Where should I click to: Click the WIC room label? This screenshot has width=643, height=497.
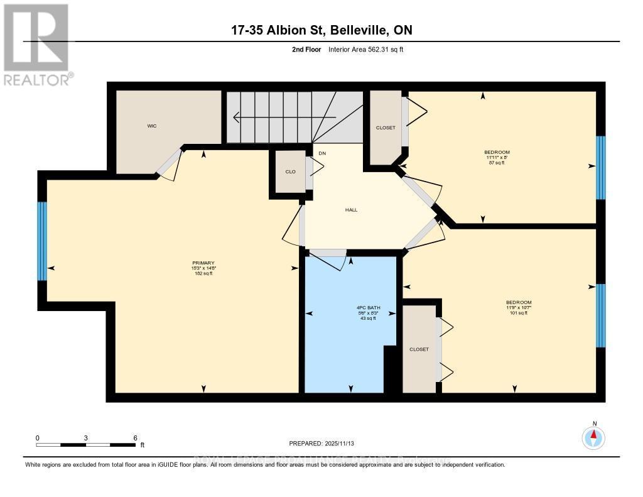pos(152,126)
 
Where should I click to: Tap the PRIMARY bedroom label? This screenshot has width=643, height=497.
pos(203,263)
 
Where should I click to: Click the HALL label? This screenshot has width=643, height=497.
pos(351,210)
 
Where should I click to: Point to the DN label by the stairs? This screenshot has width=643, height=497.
pos(323,153)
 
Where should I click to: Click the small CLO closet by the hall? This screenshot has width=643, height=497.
pos(290,171)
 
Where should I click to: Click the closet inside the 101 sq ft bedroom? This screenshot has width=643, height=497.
pos(419,349)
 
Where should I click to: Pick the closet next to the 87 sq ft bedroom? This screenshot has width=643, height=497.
pos(385,128)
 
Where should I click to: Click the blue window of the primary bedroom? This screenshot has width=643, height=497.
pos(42,241)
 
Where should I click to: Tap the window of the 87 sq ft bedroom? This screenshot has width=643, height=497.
pos(600,167)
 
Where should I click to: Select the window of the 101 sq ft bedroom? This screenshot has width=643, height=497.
pos(600,315)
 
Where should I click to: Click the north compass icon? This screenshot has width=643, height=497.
pos(593,436)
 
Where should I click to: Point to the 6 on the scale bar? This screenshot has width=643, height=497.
pos(134,437)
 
